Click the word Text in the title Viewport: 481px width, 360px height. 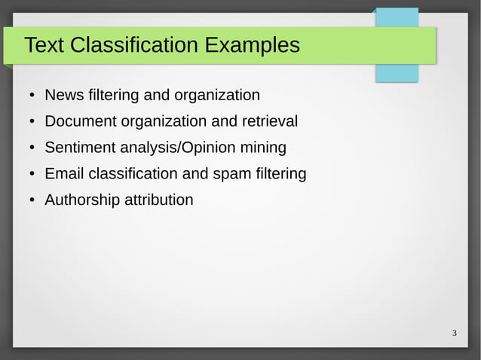(44, 46)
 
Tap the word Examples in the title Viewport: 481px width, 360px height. (252, 46)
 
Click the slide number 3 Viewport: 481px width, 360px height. (455, 333)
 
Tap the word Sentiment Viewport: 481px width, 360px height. (78, 148)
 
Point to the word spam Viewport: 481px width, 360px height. (231, 174)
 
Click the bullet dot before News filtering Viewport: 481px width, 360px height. (31, 96)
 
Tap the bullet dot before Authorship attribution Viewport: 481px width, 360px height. (31, 201)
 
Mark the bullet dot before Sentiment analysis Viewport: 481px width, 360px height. (31, 148)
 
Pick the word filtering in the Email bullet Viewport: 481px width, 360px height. (280, 174)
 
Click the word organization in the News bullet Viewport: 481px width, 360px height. (217, 96)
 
